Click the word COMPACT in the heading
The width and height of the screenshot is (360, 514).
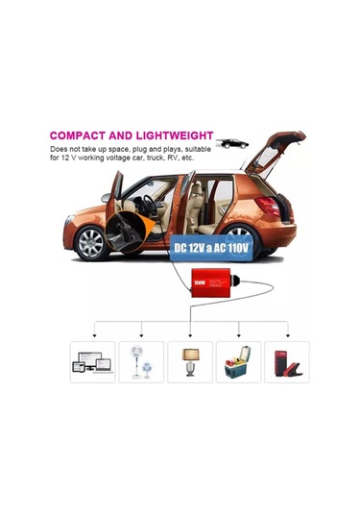tap(80, 136)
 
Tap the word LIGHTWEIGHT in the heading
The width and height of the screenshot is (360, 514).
tap(173, 136)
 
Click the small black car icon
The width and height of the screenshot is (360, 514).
tap(231, 143)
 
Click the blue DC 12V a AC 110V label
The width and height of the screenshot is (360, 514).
tap(211, 248)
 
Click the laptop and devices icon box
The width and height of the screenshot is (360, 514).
tap(92, 362)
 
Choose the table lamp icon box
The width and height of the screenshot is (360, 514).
tap(190, 362)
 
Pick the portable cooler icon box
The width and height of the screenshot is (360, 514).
tap(238, 362)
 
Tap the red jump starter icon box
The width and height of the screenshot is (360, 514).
tap(285, 362)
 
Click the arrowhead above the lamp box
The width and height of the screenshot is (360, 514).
tap(190, 336)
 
